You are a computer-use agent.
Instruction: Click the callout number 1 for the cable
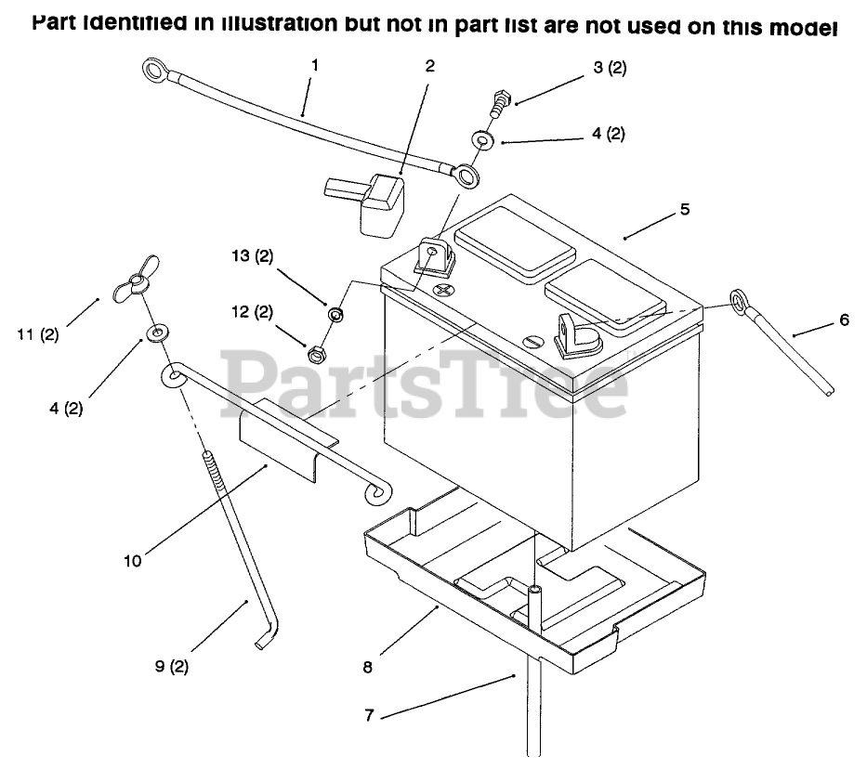pyautogui.click(x=315, y=65)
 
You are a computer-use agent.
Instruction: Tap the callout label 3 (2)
pyautogui.click(x=608, y=69)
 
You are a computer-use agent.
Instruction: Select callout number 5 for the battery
pyautogui.click(x=685, y=209)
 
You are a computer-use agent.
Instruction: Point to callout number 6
pyautogui.click(x=844, y=319)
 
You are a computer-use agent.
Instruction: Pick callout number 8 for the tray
pyautogui.click(x=368, y=666)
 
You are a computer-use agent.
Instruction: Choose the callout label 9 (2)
pyautogui.click(x=172, y=666)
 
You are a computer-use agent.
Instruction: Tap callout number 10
pyautogui.click(x=133, y=561)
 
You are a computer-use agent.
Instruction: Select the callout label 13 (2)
pyautogui.click(x=252, y=256)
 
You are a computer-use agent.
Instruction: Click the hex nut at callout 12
pyautogui.click(x=316, y=353)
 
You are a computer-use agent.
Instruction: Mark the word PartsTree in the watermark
pyautogui.click(x=427, y=381)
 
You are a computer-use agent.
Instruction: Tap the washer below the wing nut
pyautogui.click(x=155, y=332)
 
